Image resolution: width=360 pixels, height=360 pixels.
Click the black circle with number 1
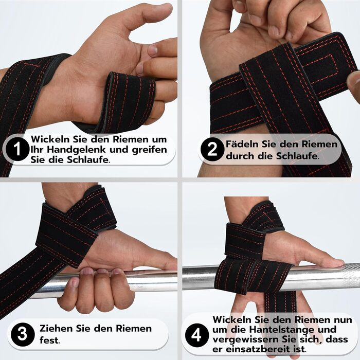click(17, 149)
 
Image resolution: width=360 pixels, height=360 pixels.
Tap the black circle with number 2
click(212, 149)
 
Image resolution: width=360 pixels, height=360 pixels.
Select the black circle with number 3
click(23, 334)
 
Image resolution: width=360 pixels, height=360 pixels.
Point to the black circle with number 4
click(197, 335)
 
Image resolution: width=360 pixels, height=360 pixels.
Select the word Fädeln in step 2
click(242, 144)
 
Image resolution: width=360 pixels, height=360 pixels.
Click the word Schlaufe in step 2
click(297, 156)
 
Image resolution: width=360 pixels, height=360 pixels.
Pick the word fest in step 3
click(49, 340)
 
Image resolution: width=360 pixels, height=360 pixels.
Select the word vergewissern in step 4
click(247, 339)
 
